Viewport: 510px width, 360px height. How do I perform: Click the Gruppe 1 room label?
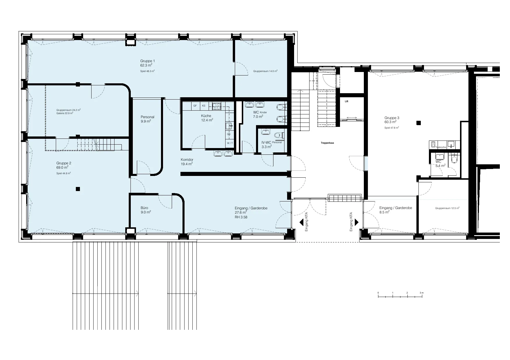(x=148, y=61)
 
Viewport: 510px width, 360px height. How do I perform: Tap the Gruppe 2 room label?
(x=64, y=163)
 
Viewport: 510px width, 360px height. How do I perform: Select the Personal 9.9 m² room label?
(x=147, y=119)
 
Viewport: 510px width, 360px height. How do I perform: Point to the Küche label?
(x=206, y=116)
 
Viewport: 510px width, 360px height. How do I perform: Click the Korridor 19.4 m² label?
(x=187, y=162)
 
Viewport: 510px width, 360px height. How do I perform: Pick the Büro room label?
(x=144, y=208)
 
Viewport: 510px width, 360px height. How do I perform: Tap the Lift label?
(x=346, y=101)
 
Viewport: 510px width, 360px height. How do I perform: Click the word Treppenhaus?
(x=327, y=143)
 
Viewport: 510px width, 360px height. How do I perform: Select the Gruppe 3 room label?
(x=392, y=118)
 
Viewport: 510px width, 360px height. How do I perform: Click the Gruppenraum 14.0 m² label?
(x=265, y=71)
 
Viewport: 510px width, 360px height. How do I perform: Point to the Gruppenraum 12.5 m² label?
(x=447, y=208)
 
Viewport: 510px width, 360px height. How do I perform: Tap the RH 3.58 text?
(x=241, y=217)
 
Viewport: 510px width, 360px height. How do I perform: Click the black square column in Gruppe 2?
(x=78, y=189)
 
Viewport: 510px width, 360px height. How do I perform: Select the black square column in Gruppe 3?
(x=418, y=123)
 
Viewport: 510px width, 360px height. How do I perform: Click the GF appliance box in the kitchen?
(x=195, y=106)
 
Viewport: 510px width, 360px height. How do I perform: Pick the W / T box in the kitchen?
(x=230, y=143)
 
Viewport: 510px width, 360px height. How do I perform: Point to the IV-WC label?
(x=266, y=142)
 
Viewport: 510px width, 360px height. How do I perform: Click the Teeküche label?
(x=441, y=147)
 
